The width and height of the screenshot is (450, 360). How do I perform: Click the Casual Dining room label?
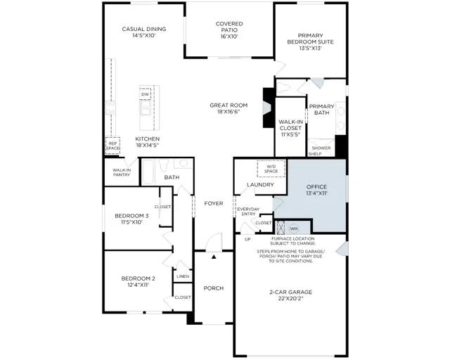(144, 29)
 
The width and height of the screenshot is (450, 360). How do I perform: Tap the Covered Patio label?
(229, 27)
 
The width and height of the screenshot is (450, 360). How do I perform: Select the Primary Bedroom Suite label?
(310, 39)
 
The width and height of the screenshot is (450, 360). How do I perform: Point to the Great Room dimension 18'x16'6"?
(229, 112)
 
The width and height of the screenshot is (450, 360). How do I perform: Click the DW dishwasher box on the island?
(146, 94)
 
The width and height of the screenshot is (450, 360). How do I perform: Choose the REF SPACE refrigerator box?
(112, 146)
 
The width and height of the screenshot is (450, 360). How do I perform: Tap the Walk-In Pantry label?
(122, 172)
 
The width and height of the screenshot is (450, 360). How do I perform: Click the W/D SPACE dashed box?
(271, 169)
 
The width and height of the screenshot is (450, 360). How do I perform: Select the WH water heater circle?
(294, 229)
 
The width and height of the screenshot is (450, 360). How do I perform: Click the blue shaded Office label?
(316, 187)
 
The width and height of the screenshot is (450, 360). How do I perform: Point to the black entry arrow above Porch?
(214, 257)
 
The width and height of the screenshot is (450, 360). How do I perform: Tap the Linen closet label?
(183, 276)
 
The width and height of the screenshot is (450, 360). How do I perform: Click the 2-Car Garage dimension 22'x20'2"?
(290, 299)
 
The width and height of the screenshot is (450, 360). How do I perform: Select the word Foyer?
(214, 203)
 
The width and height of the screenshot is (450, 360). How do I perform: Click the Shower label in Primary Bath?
(321, 148)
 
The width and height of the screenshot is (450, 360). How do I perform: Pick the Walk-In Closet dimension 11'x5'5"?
(290, 134)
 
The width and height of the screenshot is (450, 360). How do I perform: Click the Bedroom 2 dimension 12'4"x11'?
(138, 285)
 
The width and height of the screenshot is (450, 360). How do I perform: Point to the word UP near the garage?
(247, 239)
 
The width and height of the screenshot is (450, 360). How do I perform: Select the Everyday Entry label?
(248, 212)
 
